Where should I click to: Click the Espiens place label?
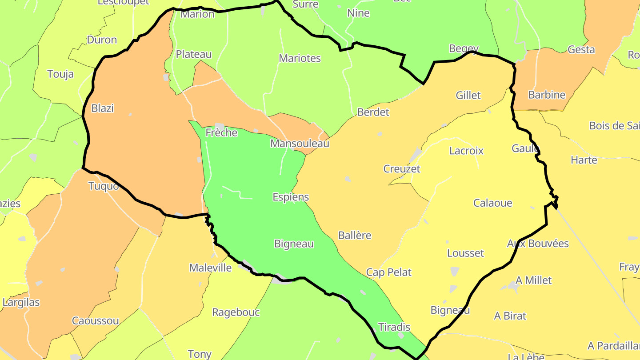pyautogui.click(x=291, y=197)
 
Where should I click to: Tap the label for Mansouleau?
pyautogui.click(x=300, y=144)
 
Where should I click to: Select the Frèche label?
pyautogui.click(x=221, y=132)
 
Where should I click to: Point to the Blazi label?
pyautogui.click(x=102, y=108)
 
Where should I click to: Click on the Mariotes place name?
pyautogui.click(x=300, y=58)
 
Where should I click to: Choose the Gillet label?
pyautogui.click(x=468, y=95)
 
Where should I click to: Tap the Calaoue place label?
pyautogui.click(x=492, y=203)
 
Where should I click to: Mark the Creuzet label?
pyautogui.click(x=401, y=169)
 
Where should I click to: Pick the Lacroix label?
pyautogui.click(x=466, y=151)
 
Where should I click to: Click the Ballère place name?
pyautogui.click(x=354, y=235)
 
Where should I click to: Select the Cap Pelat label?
pyautogui.click(x=389, y=272)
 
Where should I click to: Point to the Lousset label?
pyautogui.click(x=465, y=253)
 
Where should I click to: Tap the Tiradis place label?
pyautogui.click(x=394, y=327)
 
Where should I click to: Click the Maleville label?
pyautogui.click(x=210, y=268)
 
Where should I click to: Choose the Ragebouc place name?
pyautogui.click(x=236, y=312)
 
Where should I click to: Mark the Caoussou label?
pyautogui.click(x=95, y=321)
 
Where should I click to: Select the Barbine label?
pyautogui.click(x=547, y=95)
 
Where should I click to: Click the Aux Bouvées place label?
pyautogui.click(x=538, y=244)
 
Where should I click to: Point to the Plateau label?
pyautogui.click(x=194, y=54)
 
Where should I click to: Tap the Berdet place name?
pyautogui.click(x=373, y=112)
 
